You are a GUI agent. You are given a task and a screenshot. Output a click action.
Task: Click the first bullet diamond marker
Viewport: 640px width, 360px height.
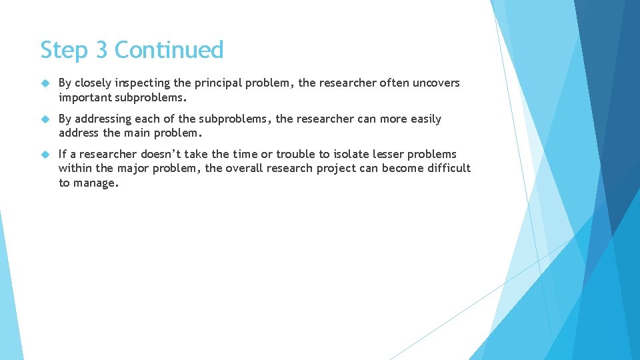click(x=45, y=83)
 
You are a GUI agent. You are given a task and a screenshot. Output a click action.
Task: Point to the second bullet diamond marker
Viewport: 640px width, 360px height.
click(x=45, y=119)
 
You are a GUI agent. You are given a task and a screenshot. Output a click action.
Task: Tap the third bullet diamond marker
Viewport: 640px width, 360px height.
click(x=45, y=154)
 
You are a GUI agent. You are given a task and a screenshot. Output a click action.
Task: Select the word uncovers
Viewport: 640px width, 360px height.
click(x=437, y=83)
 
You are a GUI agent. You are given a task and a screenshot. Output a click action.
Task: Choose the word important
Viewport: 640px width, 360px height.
click(x=85, y=98)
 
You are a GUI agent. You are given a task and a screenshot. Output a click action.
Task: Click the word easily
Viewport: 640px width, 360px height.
click(x=426, y=119)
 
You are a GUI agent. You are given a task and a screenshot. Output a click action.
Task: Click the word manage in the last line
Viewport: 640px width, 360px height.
click(x=95, y=183)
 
